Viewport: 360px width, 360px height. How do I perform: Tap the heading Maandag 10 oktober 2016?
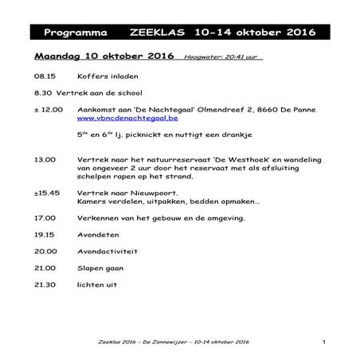point(104,57)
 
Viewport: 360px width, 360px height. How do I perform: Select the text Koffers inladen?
point(108,78)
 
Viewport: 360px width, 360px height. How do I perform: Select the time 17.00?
point(45,217)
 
